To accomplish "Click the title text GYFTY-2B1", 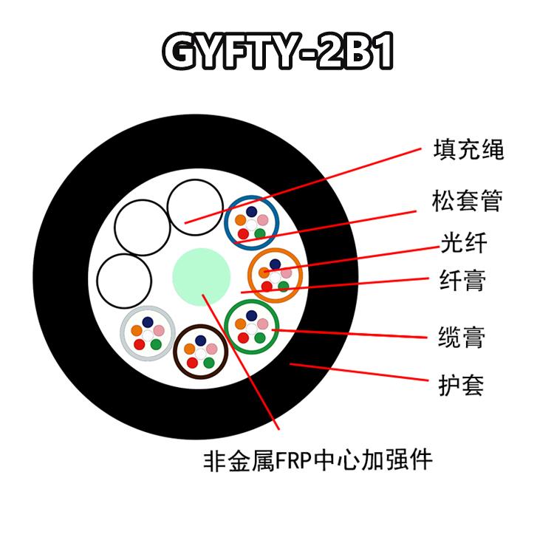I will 277,52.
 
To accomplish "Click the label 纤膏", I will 463,281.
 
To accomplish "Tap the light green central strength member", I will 201,276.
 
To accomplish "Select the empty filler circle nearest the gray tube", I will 125,281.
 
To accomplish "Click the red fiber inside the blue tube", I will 241,233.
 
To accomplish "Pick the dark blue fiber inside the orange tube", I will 275,263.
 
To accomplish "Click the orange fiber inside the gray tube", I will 137,330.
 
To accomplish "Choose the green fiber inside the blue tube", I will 259,233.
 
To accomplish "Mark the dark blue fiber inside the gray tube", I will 148,322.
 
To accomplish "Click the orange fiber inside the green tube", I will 240,323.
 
